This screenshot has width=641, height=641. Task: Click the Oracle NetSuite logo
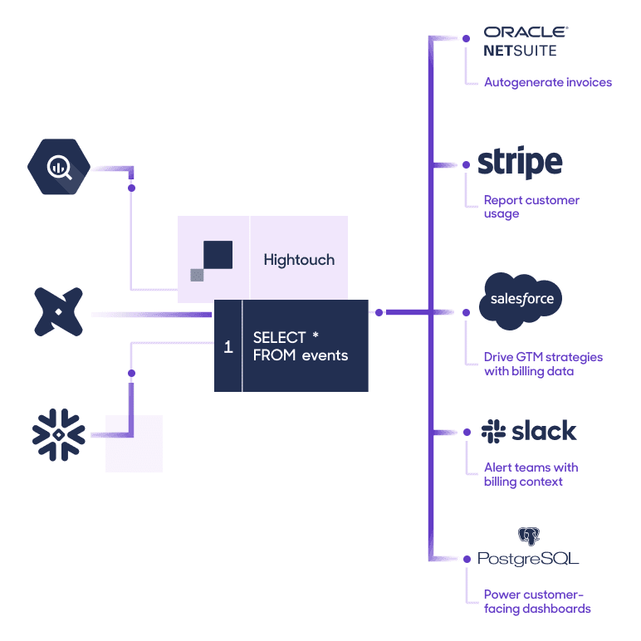click(526, 41)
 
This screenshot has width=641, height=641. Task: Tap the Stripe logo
click(520, 163)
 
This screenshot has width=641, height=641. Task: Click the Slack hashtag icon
click(493, 431)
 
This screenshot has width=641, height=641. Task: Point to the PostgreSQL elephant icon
click(528, 536)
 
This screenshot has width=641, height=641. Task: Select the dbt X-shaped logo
click(58, 314)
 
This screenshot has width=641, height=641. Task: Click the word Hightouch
click(299, 260)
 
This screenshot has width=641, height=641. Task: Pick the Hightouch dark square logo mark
click(218, 255)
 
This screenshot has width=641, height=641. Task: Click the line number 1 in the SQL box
click(228, 347)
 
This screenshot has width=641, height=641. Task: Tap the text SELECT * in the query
click(286, 338)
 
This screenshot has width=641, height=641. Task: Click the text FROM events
click(300, 355)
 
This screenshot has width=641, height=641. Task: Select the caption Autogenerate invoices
click(547, 82)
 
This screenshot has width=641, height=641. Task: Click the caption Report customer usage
click(531, 207)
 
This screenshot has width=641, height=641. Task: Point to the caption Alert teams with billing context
click(531, 474)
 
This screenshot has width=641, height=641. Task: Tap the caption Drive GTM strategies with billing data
click(543, 364)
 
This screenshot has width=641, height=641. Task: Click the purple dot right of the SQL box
click(379, 313)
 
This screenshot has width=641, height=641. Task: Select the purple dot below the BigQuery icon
click(131, 188)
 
